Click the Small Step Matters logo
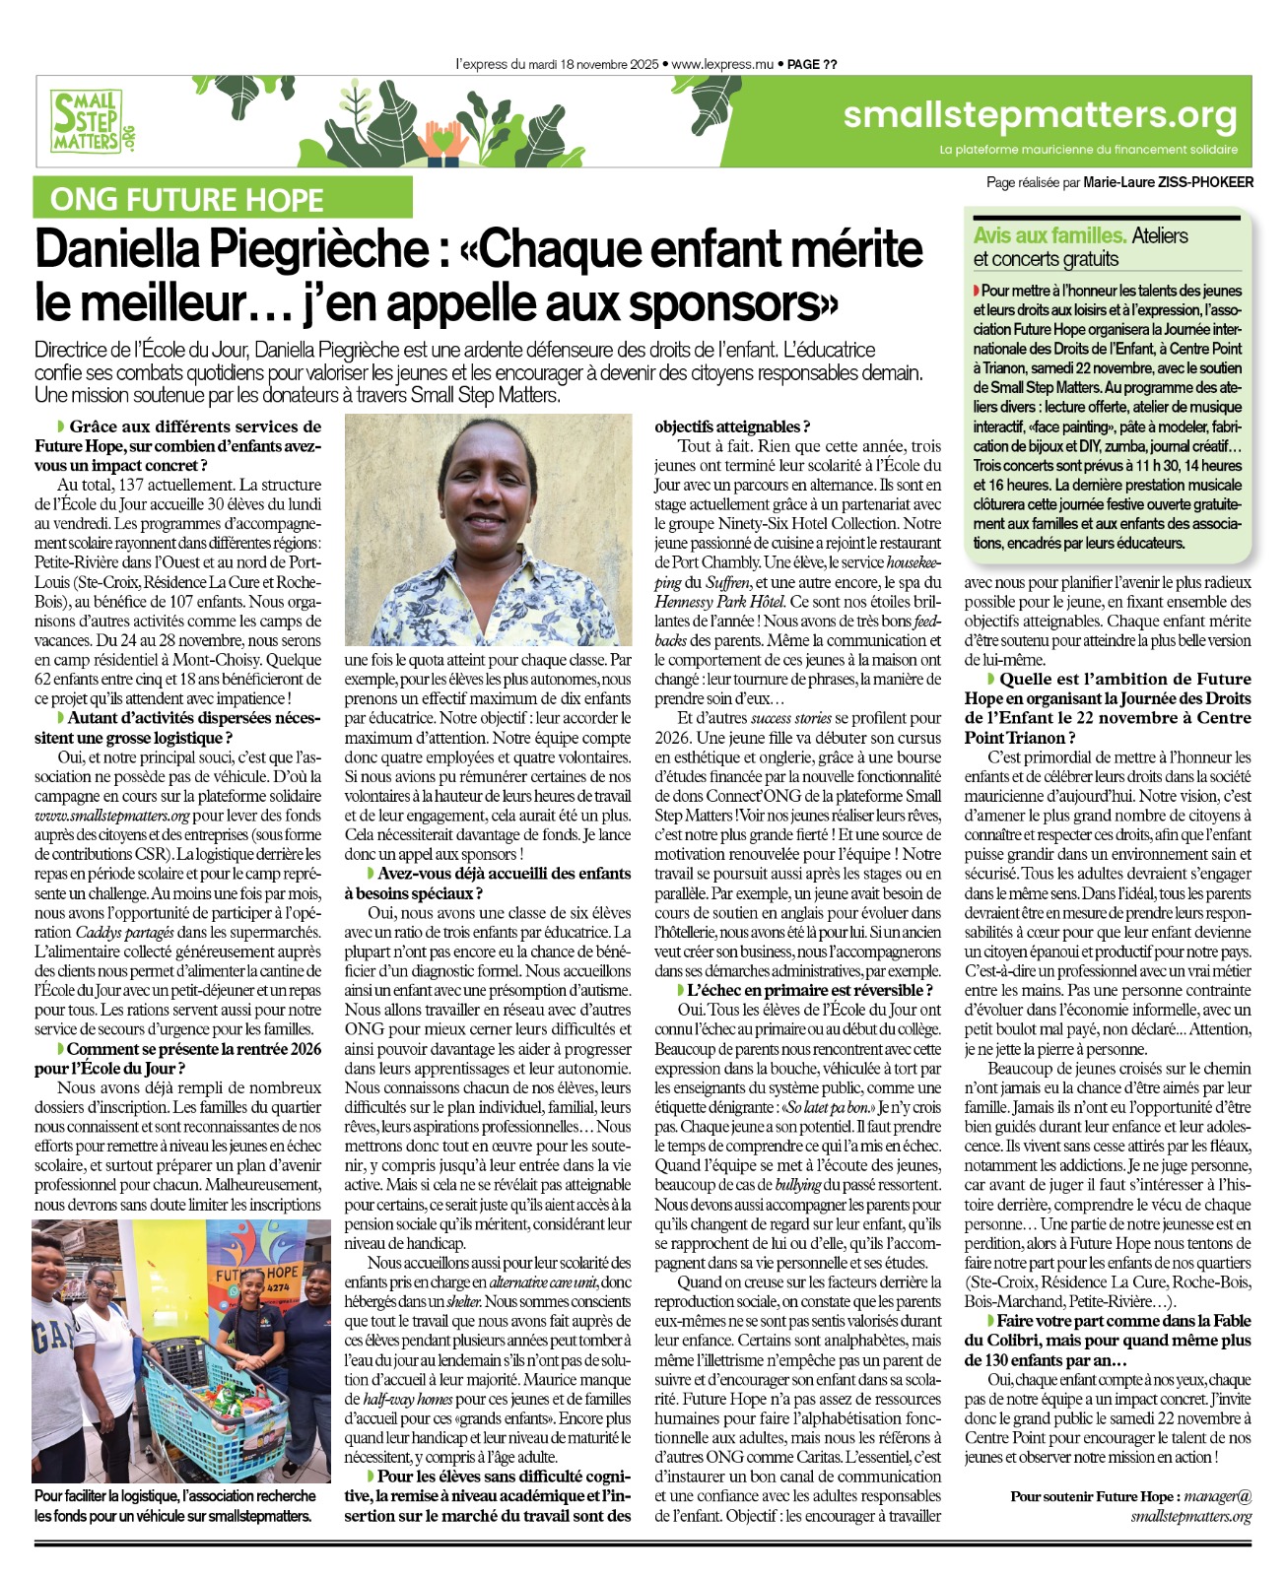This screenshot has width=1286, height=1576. click(91, 122)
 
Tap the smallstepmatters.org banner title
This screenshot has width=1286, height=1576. click(1040, 116)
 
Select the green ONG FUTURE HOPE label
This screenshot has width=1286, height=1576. click(187, 200)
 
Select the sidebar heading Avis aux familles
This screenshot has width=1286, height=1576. click(1049, 236)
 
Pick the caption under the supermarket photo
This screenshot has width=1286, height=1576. click(175, 1506)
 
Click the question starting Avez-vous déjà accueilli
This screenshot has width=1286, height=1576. click(488, 883)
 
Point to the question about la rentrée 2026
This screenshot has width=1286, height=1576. click(179, 1059)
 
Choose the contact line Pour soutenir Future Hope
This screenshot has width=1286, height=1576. click(1131, 1506)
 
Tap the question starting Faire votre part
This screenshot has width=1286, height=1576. click(1108, 1340)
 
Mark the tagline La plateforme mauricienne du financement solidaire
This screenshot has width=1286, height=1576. click(1088, 150)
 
